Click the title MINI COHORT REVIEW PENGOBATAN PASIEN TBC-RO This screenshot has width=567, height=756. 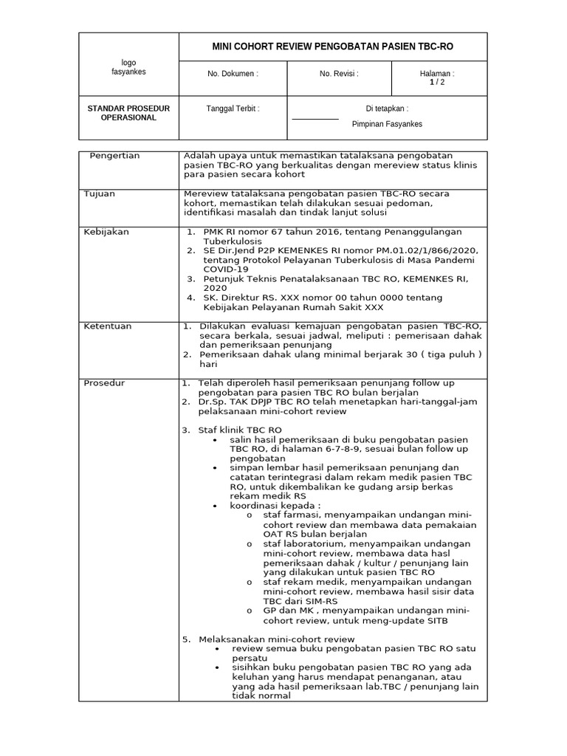[x=333, y=47]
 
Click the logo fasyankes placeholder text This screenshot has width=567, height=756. [x=128, y=67]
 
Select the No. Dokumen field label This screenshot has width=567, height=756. [x=233, y=74]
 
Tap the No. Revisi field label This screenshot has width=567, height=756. [x=339, y=74]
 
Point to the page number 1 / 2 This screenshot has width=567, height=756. [x=437, y=83]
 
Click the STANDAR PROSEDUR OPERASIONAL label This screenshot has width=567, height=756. [x=128, y=113]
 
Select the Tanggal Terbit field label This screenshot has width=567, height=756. [x=233, y=109]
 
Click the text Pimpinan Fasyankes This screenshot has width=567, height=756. [x=387, y=124]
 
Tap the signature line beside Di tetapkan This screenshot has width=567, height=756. [x=315, y=119]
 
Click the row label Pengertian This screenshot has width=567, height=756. [x=114, y=156]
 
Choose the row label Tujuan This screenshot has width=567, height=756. [x=100, y=193]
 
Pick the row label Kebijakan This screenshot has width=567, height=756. [x=106, y=232]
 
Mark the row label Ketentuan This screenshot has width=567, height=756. [x=108, y=326]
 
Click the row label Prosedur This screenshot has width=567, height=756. [x=105, y=383]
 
